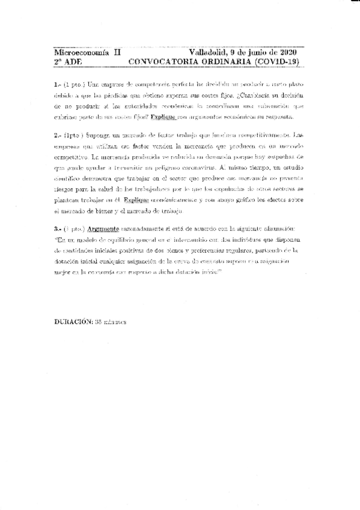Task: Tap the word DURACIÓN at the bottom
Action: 73,321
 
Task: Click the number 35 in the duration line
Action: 99,321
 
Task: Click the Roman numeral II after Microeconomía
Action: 117,53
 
